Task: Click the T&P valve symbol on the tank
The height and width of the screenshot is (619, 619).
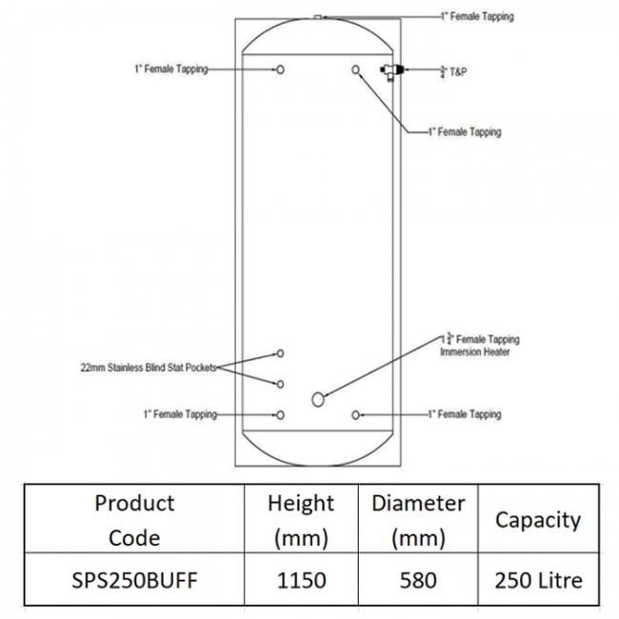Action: (390, 71)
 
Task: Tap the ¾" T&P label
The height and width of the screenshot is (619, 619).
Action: (453, 71)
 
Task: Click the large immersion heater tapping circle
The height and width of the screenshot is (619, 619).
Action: (318, 400)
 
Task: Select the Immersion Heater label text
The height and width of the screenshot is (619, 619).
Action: (475, 351)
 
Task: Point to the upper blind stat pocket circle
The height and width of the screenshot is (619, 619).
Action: (280, 353)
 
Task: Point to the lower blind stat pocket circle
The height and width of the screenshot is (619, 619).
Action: (280, 384)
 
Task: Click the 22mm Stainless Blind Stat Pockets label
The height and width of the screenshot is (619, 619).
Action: (149, 368)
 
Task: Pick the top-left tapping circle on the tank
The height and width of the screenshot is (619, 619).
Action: (280, 70)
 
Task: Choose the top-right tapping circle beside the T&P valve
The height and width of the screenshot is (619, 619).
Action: (356, 70)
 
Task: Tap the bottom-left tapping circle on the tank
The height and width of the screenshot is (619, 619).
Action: (280, 415)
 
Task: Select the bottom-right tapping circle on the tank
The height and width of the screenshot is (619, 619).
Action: (356, 415)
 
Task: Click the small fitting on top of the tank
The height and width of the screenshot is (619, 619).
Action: (318, 17)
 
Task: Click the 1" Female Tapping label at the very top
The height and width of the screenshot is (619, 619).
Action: (477, 16)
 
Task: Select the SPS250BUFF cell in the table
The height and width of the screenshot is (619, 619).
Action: (134, 580)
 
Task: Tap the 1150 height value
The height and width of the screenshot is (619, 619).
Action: (302, 580)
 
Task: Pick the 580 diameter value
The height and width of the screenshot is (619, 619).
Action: (418, 580)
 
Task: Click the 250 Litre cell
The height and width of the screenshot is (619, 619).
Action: (538, 580)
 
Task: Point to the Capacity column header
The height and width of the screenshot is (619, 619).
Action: (538, 520)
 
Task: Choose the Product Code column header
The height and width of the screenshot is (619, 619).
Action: (134, 520)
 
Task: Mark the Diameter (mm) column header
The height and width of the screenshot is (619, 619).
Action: (418, 520)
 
